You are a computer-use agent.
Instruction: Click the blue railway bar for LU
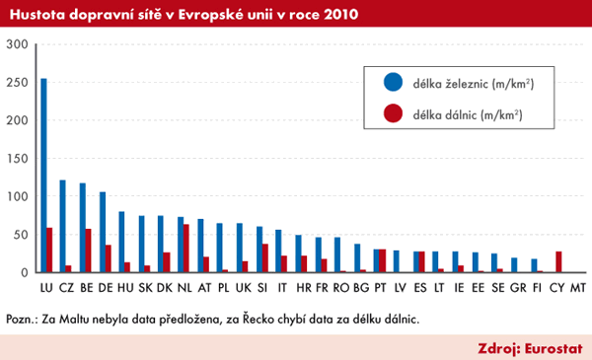(x=43, y=176)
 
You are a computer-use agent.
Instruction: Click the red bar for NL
(x=185, y=248)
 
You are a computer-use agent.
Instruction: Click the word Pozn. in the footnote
(x=22, y=319)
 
